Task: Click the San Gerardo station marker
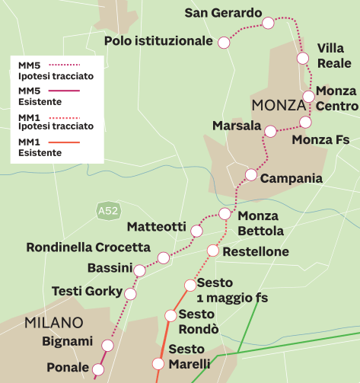268,23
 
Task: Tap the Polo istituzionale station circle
224,43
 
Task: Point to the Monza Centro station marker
308,96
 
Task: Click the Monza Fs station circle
305,122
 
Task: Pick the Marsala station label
237,126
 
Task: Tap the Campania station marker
251,175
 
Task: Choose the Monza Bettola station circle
224,213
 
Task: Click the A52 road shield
107,209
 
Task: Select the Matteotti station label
156,226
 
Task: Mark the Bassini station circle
139,270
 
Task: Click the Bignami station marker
107,346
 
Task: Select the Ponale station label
68,367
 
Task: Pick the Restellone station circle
213,251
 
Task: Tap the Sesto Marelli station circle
158,364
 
